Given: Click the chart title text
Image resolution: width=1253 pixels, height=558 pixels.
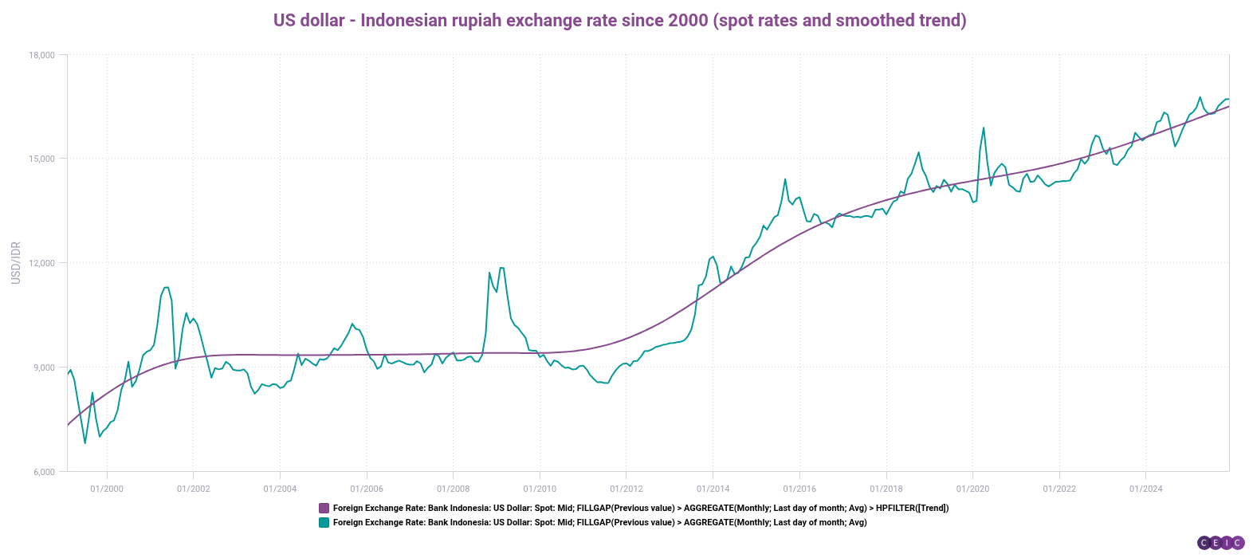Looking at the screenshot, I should point(619,20).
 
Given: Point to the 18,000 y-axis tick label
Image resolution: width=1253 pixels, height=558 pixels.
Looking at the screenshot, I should point(41,55).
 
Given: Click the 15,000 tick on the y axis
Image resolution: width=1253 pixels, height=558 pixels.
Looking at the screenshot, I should point(41,159).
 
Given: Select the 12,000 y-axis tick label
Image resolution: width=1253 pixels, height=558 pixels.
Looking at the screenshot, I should point(41,263).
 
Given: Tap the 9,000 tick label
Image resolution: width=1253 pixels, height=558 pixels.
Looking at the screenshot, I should point(44,367).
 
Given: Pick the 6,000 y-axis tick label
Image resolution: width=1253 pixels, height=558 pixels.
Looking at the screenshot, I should point(44,472).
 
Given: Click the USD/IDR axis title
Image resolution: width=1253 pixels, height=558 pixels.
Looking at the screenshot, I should point(16,263).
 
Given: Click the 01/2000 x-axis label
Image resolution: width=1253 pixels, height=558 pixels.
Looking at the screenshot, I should point(107,489).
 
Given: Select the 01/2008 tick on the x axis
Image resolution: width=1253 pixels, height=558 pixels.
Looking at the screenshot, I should point(453,489).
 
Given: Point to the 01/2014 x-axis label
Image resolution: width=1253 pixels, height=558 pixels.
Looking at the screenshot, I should point(713,489).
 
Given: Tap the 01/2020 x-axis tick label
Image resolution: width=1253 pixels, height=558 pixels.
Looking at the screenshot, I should point(972,489).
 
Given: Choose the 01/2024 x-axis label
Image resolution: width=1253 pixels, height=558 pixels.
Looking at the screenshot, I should point(1145,489).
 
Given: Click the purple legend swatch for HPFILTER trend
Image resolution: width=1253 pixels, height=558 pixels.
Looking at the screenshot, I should point(324,508).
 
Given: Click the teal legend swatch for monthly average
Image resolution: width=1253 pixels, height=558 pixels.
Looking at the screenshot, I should point(324,523).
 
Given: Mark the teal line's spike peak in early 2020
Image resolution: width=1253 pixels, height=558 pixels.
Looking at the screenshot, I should point(984,128).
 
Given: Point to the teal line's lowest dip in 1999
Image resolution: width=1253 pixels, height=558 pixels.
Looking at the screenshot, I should point(85,442).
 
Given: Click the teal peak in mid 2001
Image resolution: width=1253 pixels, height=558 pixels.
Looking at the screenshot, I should point(166,287).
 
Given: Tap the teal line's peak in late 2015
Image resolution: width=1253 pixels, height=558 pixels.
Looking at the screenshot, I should point(785,179).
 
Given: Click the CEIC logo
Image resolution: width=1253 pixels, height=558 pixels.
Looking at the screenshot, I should point(1220,543).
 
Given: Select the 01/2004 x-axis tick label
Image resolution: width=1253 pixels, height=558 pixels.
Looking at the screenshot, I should point(280,489).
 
